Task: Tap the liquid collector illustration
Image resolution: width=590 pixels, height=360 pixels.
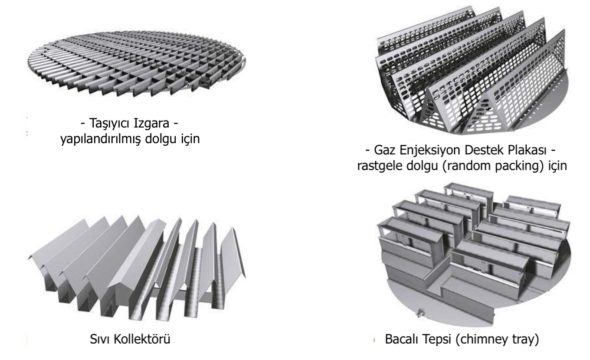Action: (134, 265)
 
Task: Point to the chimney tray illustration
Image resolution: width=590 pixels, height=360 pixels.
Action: (473, 256)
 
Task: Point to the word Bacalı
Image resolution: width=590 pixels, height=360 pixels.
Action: (400, 339)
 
